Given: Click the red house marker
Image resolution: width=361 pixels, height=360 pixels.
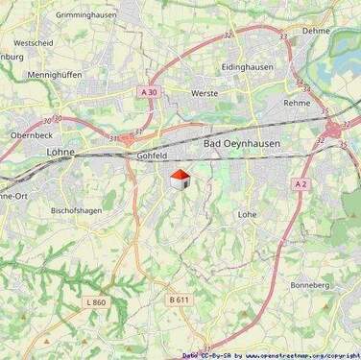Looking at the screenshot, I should coord(179,179).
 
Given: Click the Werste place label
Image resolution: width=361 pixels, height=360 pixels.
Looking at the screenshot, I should coord(205,93).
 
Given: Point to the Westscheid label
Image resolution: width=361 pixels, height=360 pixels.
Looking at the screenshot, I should coord(33,43).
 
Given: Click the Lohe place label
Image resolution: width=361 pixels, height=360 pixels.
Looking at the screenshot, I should coord(247,214).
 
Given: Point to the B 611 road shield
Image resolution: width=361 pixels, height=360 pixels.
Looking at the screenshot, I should coord(179,300).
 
